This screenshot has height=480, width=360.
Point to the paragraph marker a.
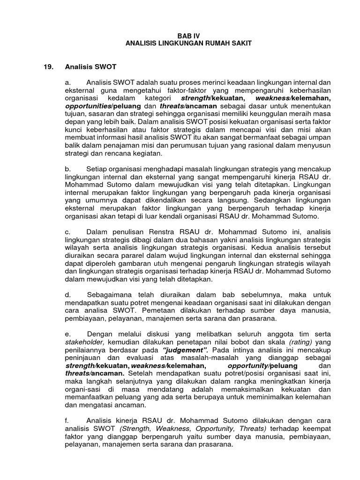(67, 82)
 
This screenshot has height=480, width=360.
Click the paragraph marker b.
(67, 168)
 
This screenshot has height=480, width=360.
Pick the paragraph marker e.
(67, 334)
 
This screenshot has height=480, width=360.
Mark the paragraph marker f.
(67, 420)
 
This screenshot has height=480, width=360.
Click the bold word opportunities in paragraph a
(85, 106)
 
